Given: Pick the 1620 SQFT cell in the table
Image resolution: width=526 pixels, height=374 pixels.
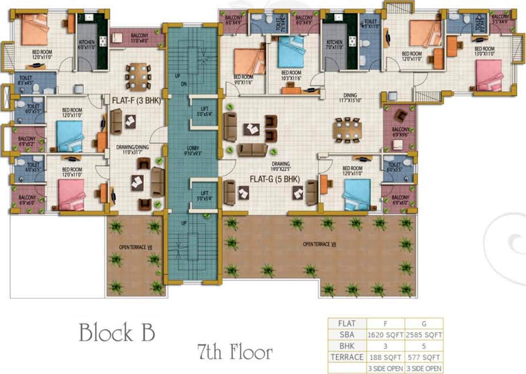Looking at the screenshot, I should (385, 335).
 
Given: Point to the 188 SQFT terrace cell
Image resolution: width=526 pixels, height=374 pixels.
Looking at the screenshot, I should (385, 357).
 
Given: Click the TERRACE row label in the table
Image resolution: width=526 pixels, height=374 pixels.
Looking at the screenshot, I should (347, 357).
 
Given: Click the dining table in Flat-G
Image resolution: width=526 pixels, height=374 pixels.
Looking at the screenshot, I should (347, 130).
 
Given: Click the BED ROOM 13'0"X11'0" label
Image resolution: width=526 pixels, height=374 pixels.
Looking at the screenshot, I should (484, 51).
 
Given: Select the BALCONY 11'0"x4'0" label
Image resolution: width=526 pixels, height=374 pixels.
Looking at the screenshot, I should (140, 38).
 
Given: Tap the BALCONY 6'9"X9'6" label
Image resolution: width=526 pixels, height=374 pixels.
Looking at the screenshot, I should (400, 132).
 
